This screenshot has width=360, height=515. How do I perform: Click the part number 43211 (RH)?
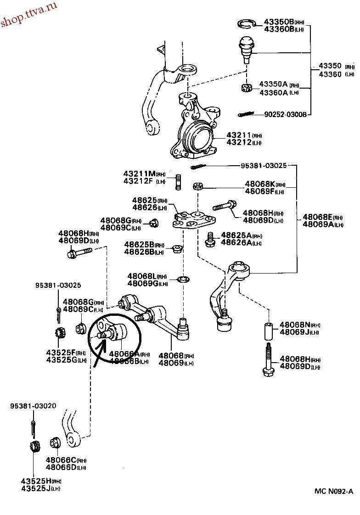point(239,135)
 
